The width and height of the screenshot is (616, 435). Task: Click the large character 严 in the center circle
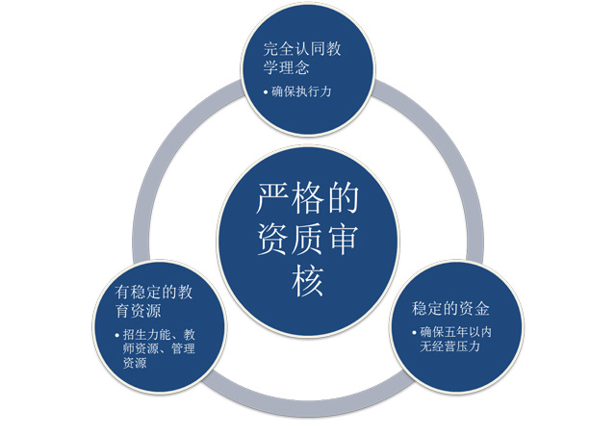(272, 198)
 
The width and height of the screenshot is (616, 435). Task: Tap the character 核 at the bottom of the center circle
(308, 281)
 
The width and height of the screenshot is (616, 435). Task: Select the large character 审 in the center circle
(344, 240)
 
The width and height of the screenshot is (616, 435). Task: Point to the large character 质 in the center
(308, 240)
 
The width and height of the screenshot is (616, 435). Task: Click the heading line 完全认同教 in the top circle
(302, 49)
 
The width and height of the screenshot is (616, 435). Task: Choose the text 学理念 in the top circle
(287, 67)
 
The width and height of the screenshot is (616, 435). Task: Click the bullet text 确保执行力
(301, 91)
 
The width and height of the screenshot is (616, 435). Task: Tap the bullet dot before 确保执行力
(266, 92)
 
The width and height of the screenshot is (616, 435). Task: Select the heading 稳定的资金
(450, 309)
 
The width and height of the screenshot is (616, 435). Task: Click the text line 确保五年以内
(456, 332)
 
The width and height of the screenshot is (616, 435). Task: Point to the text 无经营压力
(450, 346)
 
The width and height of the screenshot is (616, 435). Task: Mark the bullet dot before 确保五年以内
(415, 333)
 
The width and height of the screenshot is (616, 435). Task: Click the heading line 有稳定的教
(154, 293)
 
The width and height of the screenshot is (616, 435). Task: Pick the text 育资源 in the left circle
(138, 311)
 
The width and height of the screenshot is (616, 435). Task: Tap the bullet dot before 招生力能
(117, 335)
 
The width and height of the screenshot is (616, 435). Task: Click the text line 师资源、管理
(159, 349)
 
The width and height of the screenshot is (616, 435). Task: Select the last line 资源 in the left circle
(135, 363)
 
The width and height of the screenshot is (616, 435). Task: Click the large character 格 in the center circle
(308, 198)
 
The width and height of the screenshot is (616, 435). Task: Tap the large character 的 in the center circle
(344, 198)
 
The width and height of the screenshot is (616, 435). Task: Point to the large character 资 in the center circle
(272, 240)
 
